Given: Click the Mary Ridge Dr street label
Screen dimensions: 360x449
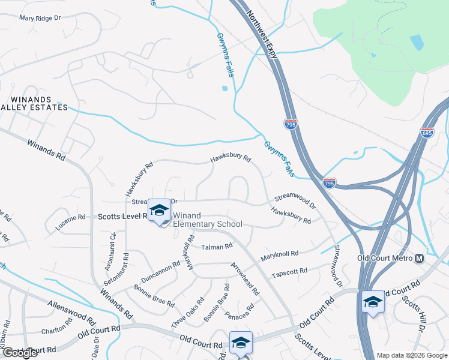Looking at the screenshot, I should [40, 18].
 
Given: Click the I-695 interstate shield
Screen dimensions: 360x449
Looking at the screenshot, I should [427, 132].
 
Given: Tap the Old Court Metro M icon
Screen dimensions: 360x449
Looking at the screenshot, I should [420, 257].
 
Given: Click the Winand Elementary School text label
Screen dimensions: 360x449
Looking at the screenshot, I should [207, 220].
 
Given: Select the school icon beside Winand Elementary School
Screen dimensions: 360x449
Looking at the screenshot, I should [159, 211].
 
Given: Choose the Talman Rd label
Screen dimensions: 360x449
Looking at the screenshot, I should [217, 247].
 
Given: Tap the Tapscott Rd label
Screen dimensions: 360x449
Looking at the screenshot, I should [289, 272].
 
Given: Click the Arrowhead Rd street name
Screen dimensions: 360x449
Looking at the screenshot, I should [244, 280].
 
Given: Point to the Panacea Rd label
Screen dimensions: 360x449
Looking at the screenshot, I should [239, 311].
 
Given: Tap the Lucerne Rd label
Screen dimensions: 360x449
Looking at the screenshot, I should [70, 219].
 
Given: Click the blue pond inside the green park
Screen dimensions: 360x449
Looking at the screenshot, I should [416, 42].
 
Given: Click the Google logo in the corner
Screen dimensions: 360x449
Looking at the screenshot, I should [20, 353].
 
